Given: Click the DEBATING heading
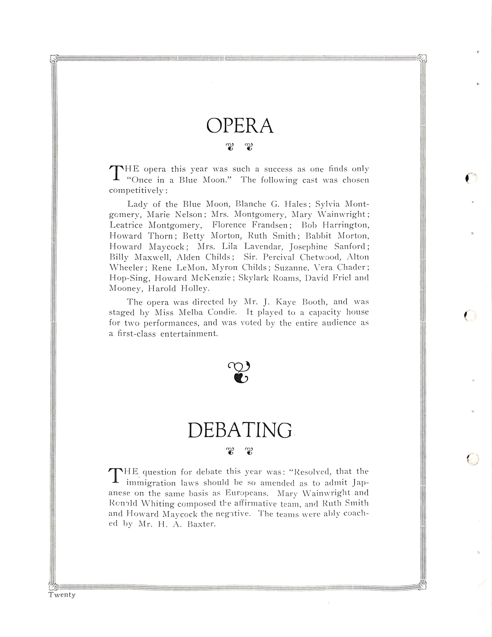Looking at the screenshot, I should point(240,430).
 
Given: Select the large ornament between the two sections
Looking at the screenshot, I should point(239,372).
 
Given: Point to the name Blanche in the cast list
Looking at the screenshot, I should point(250,204).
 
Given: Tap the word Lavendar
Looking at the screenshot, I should point(263,247).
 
